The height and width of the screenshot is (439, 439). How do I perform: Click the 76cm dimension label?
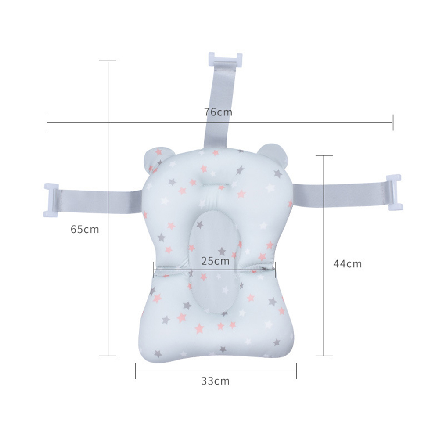[x=218, y=112]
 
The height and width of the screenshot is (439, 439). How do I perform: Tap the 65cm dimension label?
[x=85, y=229]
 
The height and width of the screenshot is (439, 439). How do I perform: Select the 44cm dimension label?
[x=347, y=264]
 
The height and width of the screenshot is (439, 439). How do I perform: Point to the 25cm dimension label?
[x=215, y=261]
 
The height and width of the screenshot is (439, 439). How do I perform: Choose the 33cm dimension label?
[x=215, y=381]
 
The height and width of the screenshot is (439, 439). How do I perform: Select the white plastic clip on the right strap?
[x=395, y=192]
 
